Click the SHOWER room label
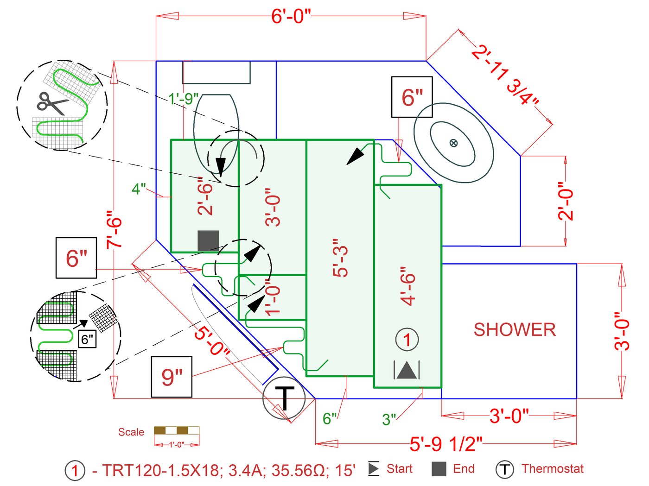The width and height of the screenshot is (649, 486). pyautogui.click(x=515, y=330)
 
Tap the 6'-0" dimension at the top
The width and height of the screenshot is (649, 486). pyautogui.click(x=291, y=16)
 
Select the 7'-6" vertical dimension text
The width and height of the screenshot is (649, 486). pyautogui.click(x=115, y=229)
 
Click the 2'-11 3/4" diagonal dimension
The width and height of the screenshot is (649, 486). pyautogui.click(x=506, y=75)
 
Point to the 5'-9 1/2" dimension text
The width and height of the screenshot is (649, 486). pyautogui.click(x=446, y=444)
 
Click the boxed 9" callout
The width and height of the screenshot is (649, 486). pyautogui.click(x=172, y=377)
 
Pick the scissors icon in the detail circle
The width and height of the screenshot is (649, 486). pyautogui.click(x=51, y=103)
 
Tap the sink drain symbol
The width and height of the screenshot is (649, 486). pyautogui.click(x=453, y=143)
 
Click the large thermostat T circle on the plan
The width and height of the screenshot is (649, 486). pyautogui.click(x=284, y=398)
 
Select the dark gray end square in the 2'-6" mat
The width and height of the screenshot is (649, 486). pyautogui.click(x=208, y=241)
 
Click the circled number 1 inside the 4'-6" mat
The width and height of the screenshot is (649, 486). pyautogui.click(x=407, y=340)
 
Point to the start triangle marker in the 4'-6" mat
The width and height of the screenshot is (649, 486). pyautogui.click(x=407, y=370)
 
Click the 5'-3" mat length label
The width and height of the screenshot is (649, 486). pyautogui.click(x=341, y=258)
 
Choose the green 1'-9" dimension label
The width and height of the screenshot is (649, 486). pyautogui.click(x=183, y=99)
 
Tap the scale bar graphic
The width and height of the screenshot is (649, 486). pyautogui.click(x=177, y=430)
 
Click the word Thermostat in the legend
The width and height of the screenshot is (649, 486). pyautogui.click(x=553, y=469)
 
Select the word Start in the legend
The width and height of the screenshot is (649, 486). pyautogui.click(x=399, y=469)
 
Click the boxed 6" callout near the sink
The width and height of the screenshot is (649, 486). pyautogui.click(x=412, y=97)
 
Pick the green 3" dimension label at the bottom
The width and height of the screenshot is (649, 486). pyautogui.click(x=389, y=419)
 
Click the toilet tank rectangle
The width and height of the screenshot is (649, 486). pyautogui.click(x=216, y=72)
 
